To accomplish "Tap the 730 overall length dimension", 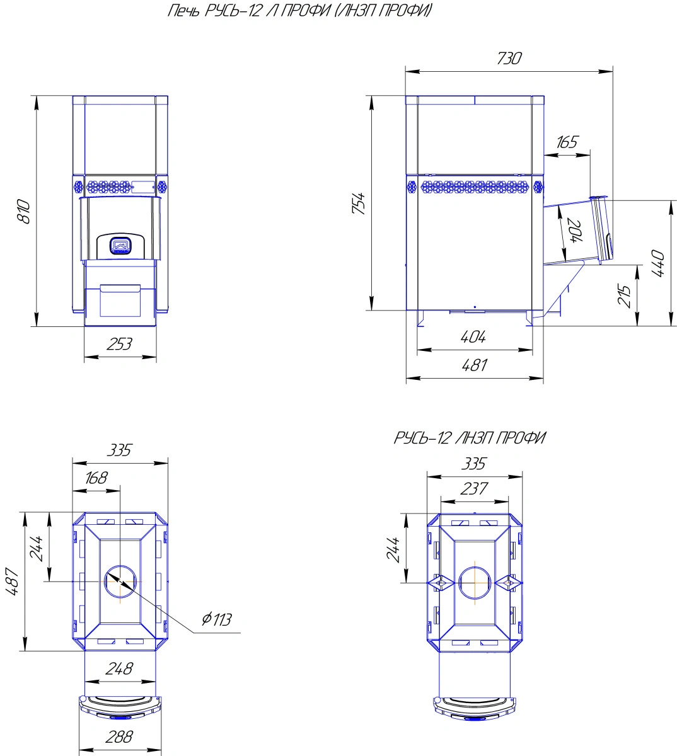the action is click(509, 58).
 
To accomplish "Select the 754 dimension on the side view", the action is click(359, 203).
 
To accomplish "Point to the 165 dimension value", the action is click(567, 142).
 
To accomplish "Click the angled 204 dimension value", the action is click(576, 231).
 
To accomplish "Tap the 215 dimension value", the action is click(624, 295).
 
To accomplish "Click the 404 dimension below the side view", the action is click(473, 337).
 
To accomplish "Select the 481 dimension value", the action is click(474, 365).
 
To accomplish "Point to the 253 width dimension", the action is click(120, 344).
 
